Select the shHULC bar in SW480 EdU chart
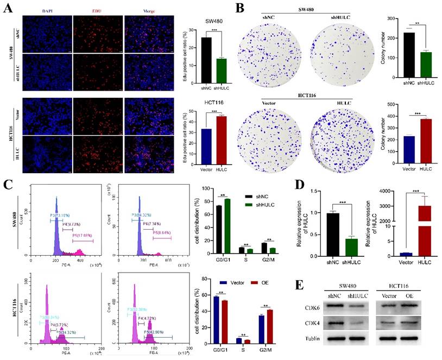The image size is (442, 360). point(220,69)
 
